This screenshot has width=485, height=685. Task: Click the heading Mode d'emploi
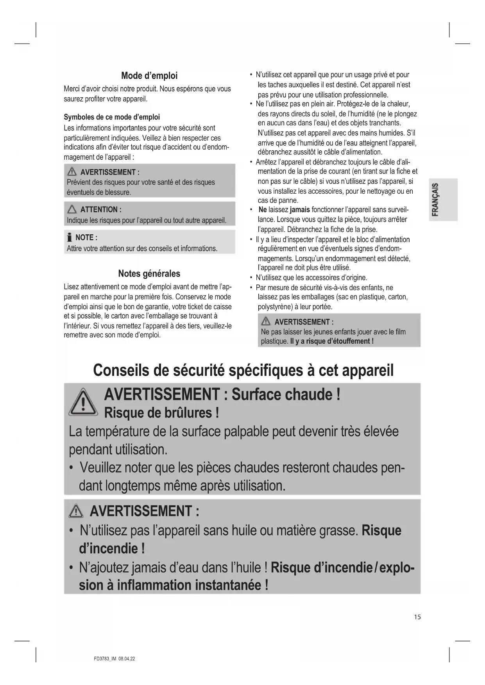coord(149,75)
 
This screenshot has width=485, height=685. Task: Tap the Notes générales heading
coord(149,273)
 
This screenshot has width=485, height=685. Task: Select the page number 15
coord(417,617)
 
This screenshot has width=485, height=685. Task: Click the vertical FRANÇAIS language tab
coord(435,200)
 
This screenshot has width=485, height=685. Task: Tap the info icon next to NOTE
coord(69,237)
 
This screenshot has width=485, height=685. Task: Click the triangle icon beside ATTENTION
coord(72,210)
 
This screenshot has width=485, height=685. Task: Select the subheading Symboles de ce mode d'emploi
coord(112,117)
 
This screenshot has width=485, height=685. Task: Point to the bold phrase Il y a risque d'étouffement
coord(332,341)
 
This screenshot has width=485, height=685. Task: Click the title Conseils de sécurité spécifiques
coord(243,370)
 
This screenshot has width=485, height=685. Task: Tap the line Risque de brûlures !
coord(161,413)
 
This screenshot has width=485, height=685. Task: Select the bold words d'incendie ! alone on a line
coord(112,549)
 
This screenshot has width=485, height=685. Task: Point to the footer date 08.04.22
coord(127,659)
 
